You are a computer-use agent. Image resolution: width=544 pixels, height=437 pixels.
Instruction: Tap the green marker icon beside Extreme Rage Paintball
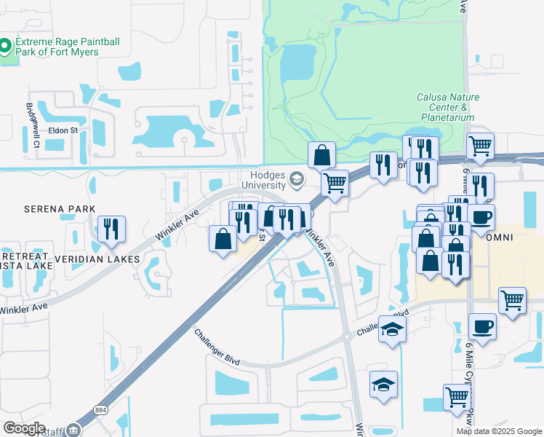[x=5, y=47]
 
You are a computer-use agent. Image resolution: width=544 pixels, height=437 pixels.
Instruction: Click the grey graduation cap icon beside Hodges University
[x=297, y=178]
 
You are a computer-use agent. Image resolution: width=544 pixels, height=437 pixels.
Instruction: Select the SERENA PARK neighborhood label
[x=49, y=209]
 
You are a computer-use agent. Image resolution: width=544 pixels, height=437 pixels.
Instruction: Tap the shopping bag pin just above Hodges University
[x=321, y=154]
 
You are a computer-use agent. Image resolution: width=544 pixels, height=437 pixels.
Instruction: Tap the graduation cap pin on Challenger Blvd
[x=392, y=330]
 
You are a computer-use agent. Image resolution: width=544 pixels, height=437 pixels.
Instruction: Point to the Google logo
[x=24, y=428]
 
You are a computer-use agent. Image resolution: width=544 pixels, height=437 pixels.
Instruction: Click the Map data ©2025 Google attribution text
[x=499, y=431]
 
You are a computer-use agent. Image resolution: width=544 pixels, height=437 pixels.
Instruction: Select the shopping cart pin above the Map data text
[x=457, y=398]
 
